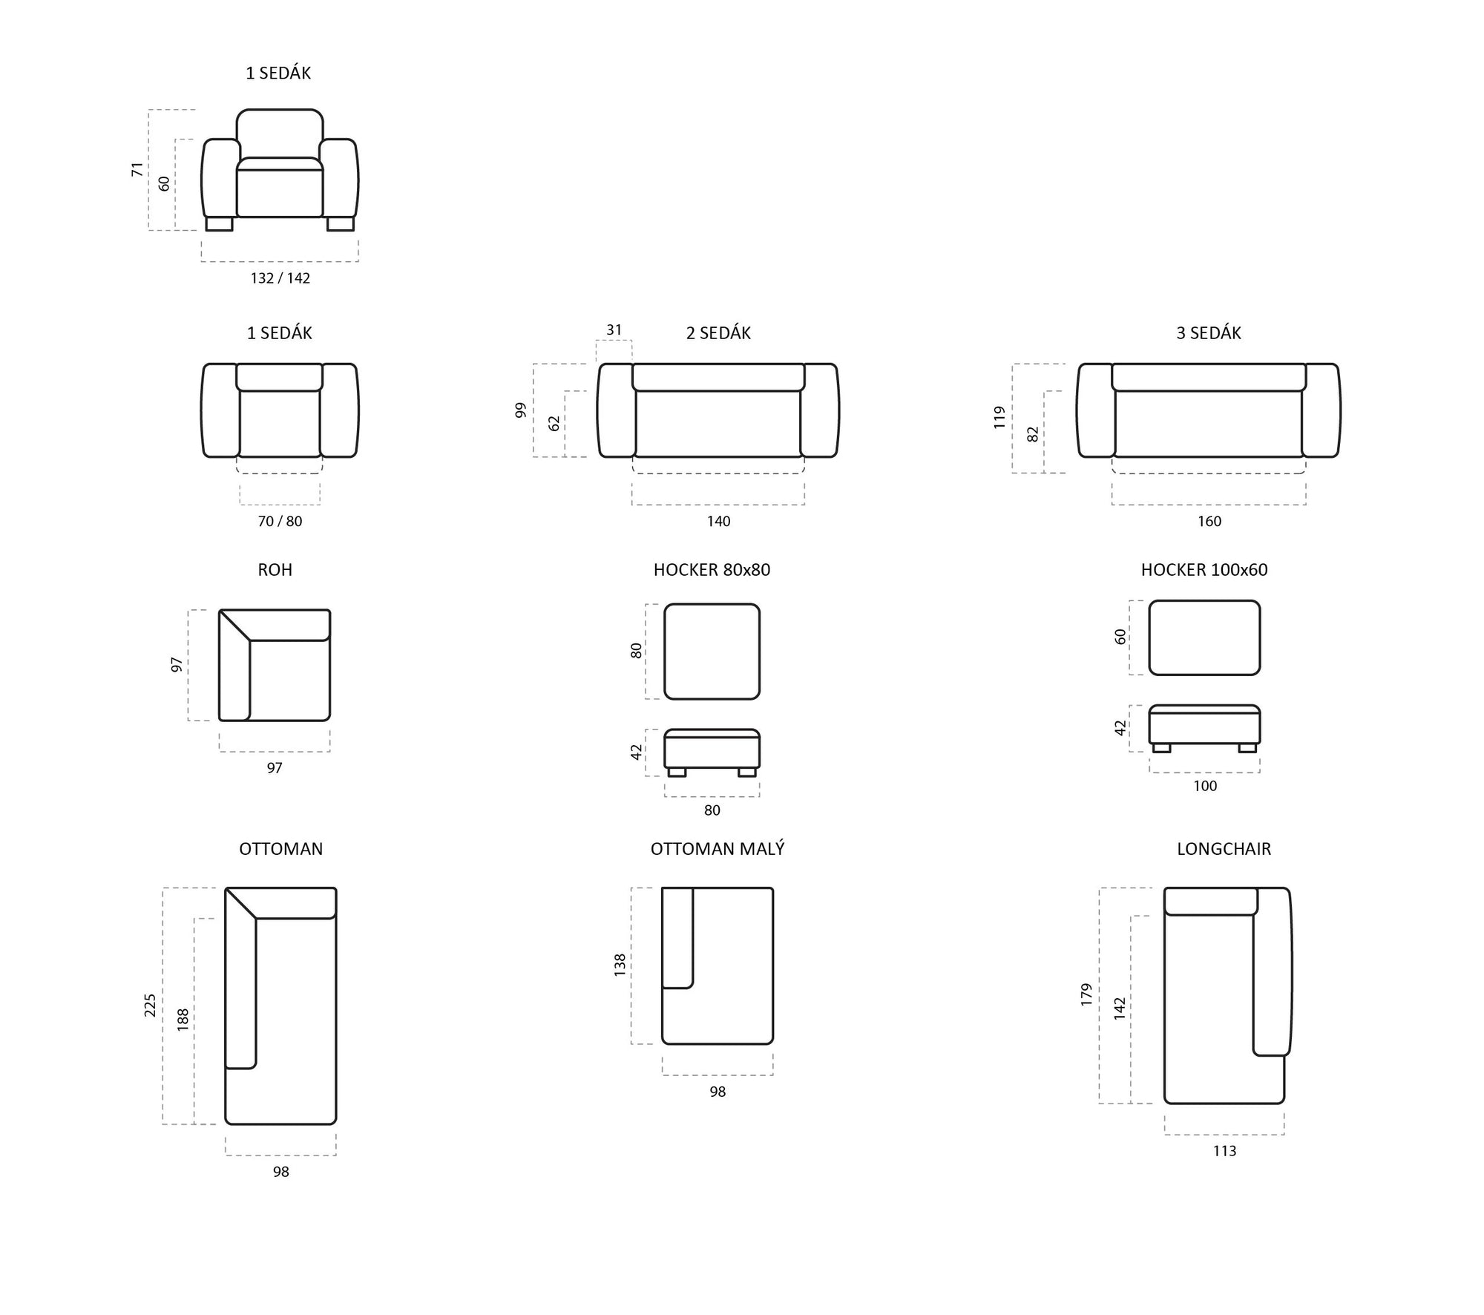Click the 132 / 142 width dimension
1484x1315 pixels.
coord(280,278)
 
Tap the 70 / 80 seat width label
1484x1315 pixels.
coord(280,522)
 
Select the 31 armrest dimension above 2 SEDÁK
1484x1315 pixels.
coord(614,330)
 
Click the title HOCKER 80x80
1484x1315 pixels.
coord(712,570)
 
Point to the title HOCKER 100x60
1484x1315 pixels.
coord(1204,570)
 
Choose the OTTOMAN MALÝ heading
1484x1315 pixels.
coord(718,849)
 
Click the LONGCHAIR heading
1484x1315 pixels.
coord(1224,849)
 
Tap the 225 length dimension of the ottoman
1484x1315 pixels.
coord(151,1006)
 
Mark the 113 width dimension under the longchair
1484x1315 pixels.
coord(1224,1151)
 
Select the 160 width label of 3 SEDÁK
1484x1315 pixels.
coord(1209,522)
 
